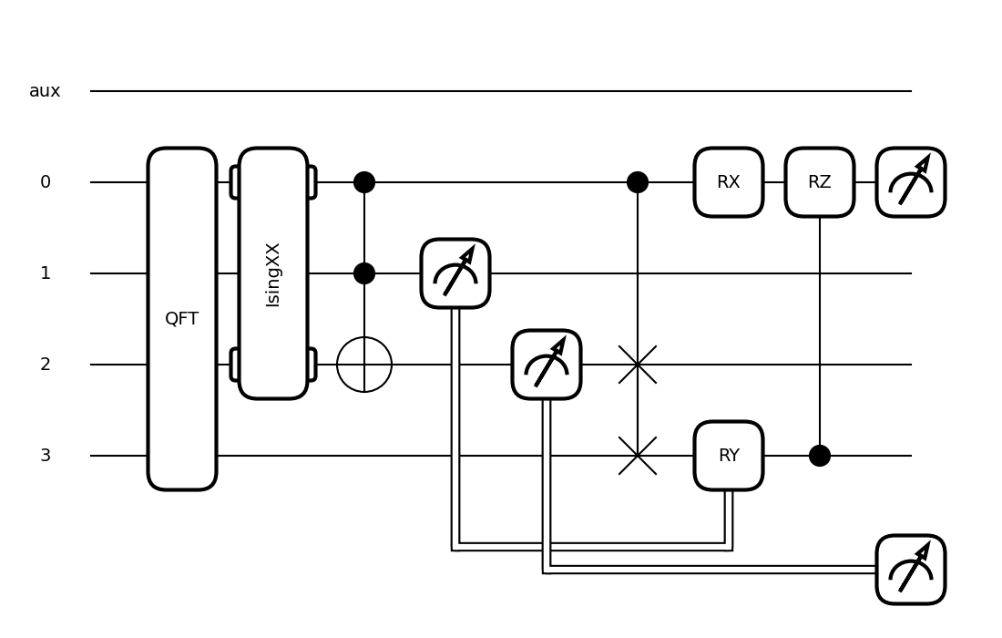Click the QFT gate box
tap(182, 319)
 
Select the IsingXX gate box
tap(273, 273)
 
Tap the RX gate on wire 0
tap(729, 182)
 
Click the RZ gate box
tap(820, 182)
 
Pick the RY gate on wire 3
tap(729, 456)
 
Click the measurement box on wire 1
tap(455, 273)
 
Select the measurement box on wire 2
tap(547, 365)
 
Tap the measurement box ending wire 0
tap(911, 182)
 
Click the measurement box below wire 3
tap(911, 570)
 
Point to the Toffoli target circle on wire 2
tap(364, 365)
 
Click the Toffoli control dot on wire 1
tap(364, 273)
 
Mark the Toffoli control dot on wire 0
tap(364, 182)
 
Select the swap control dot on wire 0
tap(638, 182)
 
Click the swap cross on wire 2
tap(638, 365)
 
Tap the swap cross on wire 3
tap(638, 456)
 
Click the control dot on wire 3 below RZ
tap(820, 456)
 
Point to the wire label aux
tap(45, 91)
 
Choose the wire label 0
tap(46, 182)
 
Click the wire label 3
tap(46, 456)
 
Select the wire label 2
tap(46, 365)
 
